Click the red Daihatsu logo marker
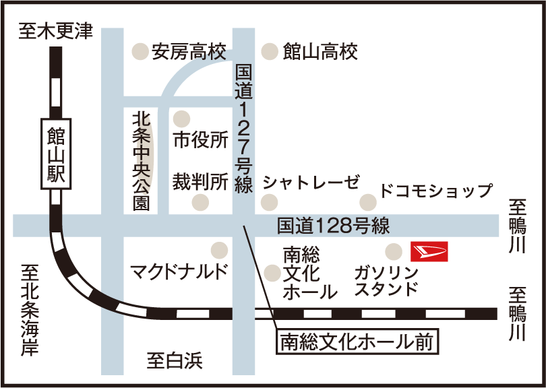coord(429,251)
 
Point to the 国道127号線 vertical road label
coord(243,128)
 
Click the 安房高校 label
coord(189,51)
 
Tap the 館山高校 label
coord(320,51)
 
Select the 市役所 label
coord(201,140)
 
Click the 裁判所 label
coord(200,181)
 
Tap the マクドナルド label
coord(179,271)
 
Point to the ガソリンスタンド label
coord(386,281)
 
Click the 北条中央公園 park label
coord(141,160)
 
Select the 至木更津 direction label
coord(56,32)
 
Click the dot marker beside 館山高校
coord(270,51)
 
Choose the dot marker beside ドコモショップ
coord(367,201)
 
